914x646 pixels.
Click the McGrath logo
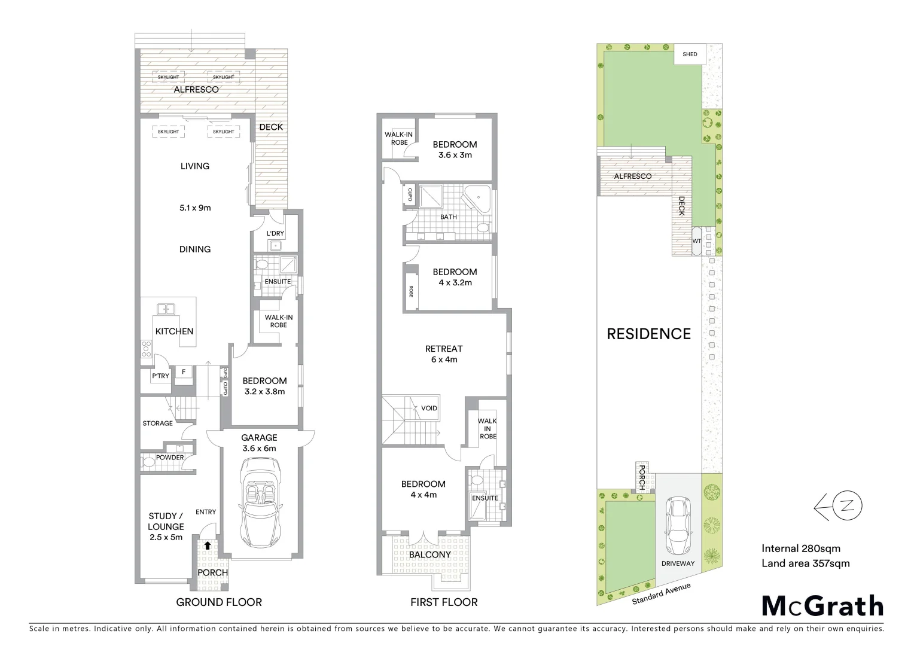[822, 606]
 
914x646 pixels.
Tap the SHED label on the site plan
[690, 54]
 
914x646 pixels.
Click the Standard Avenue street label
[661, 593]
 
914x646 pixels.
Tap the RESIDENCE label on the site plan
[648, 334]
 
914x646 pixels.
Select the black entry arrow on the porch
[208, 546]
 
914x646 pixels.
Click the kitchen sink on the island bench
[166, 309]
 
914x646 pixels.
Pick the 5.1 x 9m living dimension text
[195, 208]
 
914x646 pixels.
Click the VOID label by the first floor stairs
[429, 408]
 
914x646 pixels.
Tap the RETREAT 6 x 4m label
[444, 354]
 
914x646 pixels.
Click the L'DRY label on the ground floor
[275, 233]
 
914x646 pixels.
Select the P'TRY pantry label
[160, 376]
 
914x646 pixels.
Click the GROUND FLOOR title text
[219, 602]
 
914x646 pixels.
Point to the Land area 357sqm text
[805, 563]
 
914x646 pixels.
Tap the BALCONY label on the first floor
[429, 554]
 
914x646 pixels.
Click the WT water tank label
[696, 241]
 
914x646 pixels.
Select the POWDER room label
[170, 458]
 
